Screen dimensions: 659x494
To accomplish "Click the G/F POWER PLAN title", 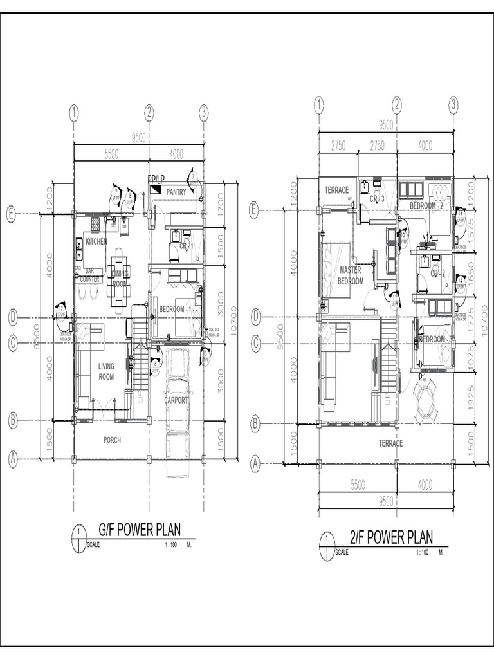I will pyautogui.click(x=139, y=530).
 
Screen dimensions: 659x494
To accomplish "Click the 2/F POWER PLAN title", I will pyautogui.click(x=391, y=537).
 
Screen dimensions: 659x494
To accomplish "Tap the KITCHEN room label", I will pyautogui.click(x=96, y=241).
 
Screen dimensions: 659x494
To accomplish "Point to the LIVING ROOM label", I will pyautogui.click(x=106, y=371).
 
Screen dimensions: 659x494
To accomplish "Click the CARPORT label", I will pyautogui.click(x=176, y=400).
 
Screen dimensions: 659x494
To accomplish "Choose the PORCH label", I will pyautogui.click(x=112, y=440).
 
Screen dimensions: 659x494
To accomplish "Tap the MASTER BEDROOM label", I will pyautogui.click(x=351, y=275).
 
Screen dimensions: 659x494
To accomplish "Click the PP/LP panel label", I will pyautogui.click(x=156, y=178).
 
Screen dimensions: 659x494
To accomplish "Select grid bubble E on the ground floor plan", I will pyautogui.click(x=11, y=215).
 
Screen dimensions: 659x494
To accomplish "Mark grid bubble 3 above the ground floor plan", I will pyautogui.click(x=204, y=113).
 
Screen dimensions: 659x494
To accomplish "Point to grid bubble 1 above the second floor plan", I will pyautogui.click(x=318, y=105).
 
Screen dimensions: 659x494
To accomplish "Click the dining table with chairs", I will pyautogui.click(x=118, y=280).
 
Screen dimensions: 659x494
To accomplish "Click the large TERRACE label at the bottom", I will pyautogui.click(x=390, y=443).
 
